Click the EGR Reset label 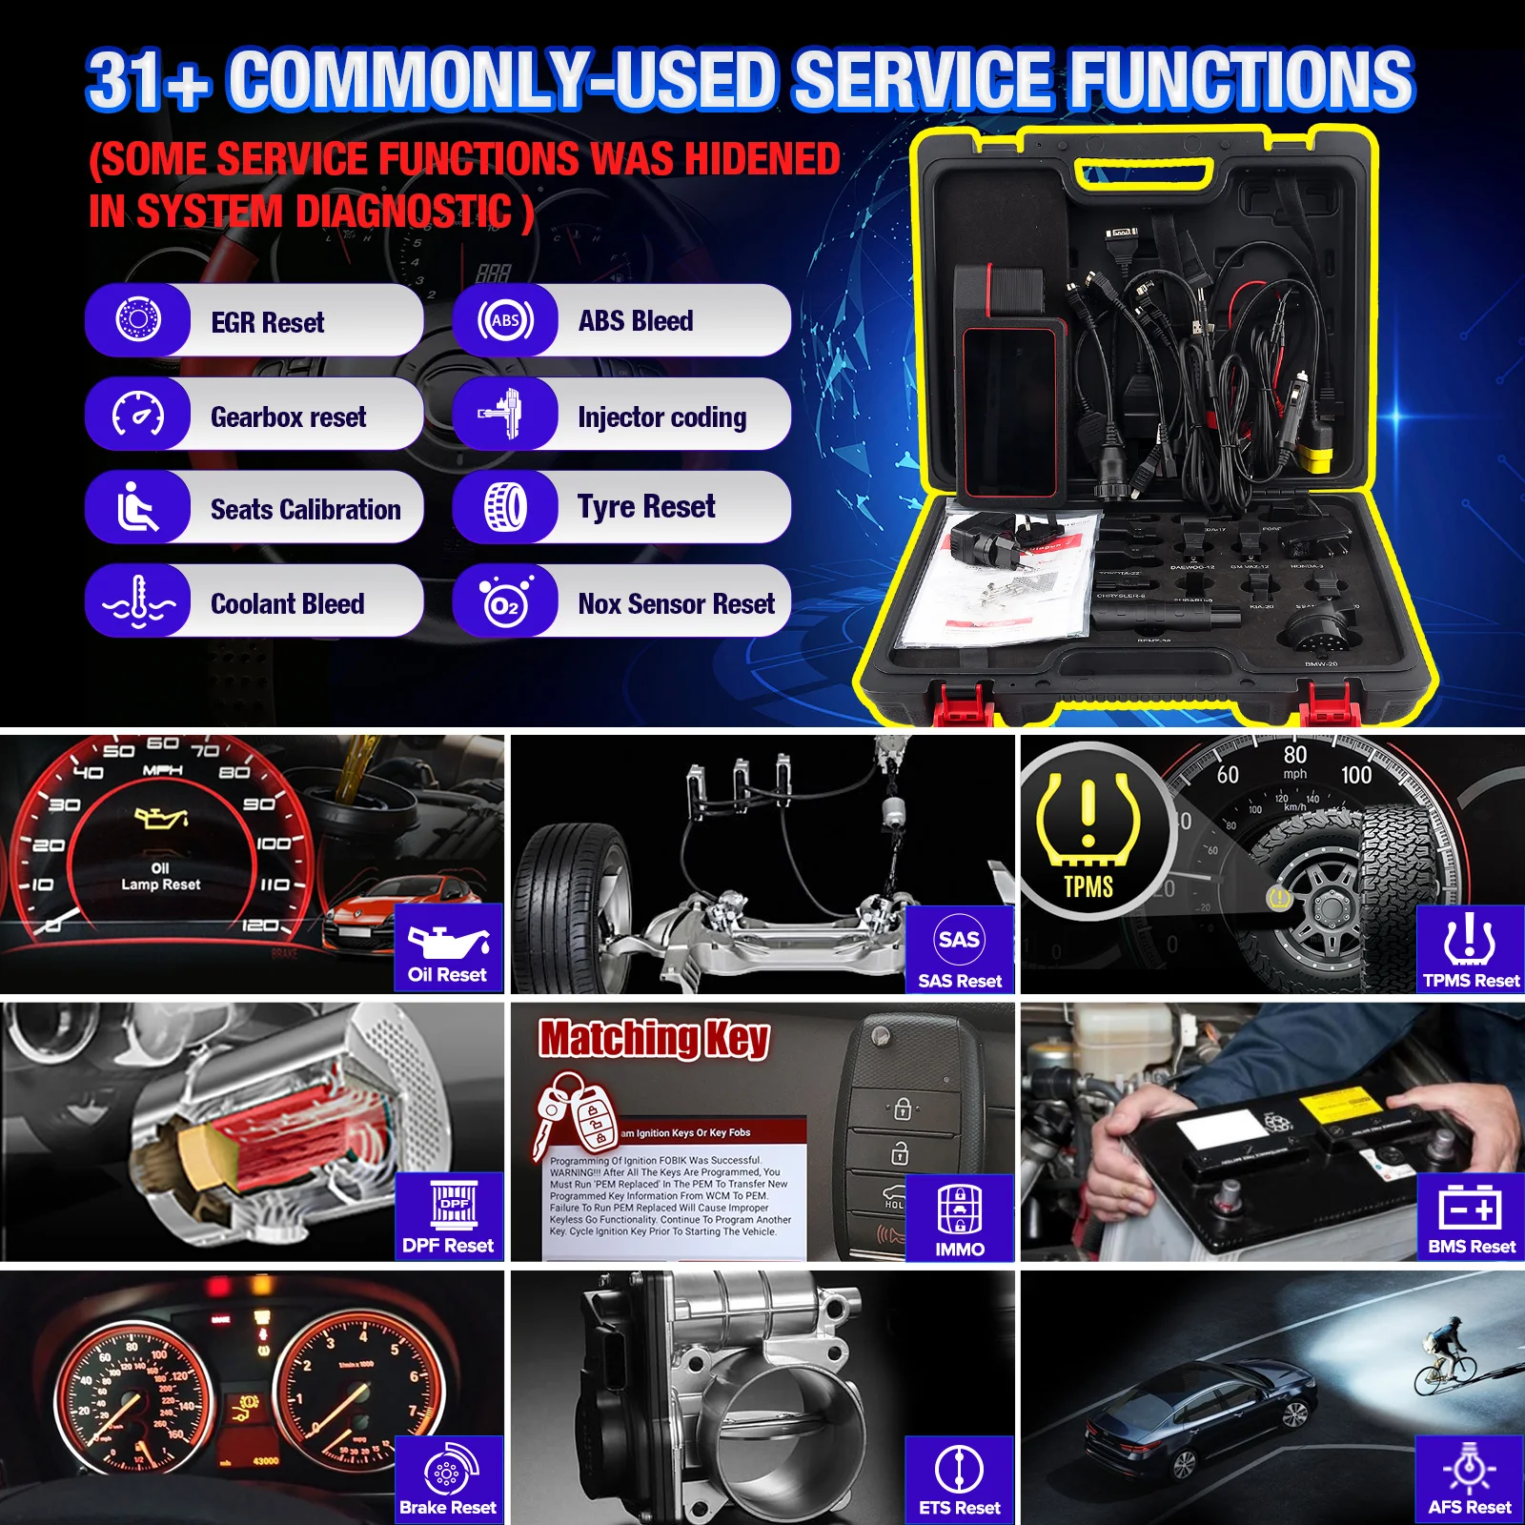(x=267, y=323)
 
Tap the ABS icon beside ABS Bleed (x=505, y=320)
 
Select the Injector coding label (x=661, y=417)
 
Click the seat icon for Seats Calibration (x=138, y=507)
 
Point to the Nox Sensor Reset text (x=676, y=604)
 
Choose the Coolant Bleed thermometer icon (x=139, y=602)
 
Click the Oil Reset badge (x=448, y=949)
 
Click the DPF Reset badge (x=448, y=1217)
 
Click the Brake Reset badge (x=448, y=1480)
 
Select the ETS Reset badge (x=959, y=1480)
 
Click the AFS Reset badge (x=1470, y=1480)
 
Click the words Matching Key (x=654, y=1038)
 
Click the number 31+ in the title (x=148, y=80)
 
